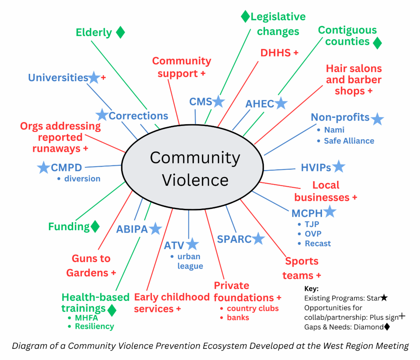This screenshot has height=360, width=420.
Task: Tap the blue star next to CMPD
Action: tap(43, 168)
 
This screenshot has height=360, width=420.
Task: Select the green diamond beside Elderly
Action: tap(120, 32)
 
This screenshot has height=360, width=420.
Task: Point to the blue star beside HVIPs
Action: tap(338, 167)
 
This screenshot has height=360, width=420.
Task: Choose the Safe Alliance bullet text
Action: tap(349, 141)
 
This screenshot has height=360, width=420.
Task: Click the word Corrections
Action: tap(138, 116)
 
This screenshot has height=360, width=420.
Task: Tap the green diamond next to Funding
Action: tap(95, 226)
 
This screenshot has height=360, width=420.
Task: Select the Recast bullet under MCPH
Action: tap(317, 243)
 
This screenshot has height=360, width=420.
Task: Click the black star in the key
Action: tap(384, 298)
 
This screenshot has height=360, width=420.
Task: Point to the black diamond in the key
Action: tap(387, 327)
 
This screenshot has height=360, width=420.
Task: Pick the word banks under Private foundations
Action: tap(238, 318)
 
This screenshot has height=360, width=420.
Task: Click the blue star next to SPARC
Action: tap(258, 239)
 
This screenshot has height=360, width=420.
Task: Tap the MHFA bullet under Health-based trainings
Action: tap(86, 318)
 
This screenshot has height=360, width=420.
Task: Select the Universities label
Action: tap(58, 77)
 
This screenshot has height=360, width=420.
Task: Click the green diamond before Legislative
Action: tap(245, 16)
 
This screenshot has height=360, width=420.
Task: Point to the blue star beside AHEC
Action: tap(281, 103)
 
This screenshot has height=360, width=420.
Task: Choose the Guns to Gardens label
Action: tap(91, 266)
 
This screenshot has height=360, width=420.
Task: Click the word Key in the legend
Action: tap(311, 289)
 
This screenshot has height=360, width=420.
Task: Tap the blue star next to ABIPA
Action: tap(155, 229)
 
